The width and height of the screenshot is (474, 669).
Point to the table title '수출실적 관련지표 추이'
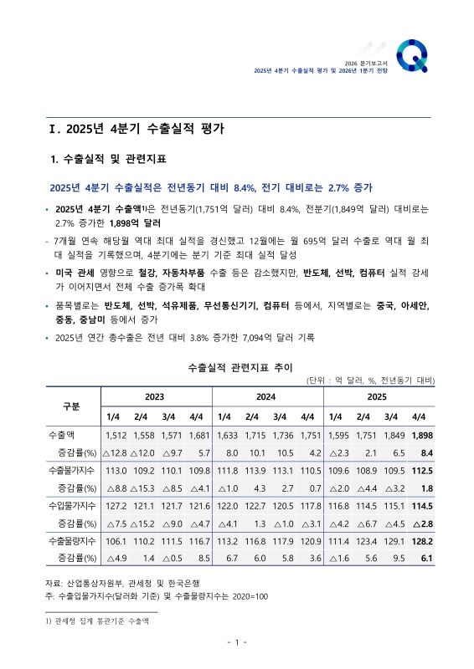click(x=236, y=367)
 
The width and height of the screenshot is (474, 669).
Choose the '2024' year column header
click(x=266, y=396)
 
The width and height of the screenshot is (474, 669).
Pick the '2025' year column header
click(x=376, y=396)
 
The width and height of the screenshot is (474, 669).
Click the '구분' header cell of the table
click(x=72, y=406)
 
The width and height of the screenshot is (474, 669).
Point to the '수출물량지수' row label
click(x=70, y=539)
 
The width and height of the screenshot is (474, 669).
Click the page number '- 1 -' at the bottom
click(x=236, y=642)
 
